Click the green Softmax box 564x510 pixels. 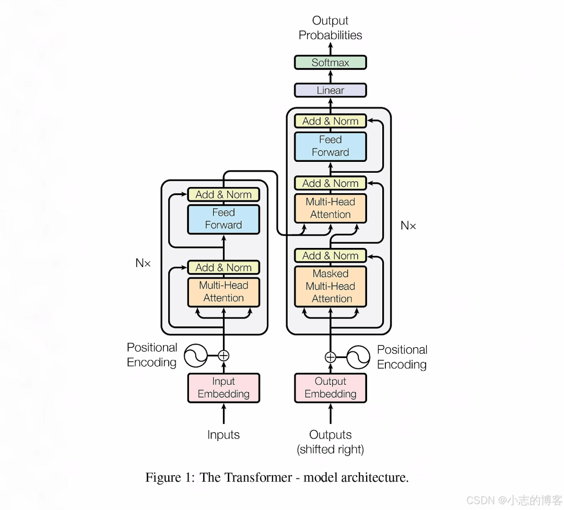(330, 63)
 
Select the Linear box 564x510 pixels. (330, 90)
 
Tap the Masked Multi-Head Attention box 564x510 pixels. (330, 286)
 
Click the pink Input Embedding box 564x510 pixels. (224, 388)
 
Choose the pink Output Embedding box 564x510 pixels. (330, 388)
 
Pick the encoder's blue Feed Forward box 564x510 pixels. (224, 219)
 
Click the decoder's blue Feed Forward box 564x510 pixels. (330, 146)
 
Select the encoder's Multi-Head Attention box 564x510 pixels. (224, 292)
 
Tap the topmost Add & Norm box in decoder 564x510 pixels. (330, 121)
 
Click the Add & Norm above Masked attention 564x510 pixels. (330, 256)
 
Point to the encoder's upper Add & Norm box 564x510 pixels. (224, 195)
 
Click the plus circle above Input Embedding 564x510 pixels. (224, 356)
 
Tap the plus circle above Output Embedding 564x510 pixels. (330, 357)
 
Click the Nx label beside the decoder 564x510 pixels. (408, 226)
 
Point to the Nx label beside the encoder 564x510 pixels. (143, 263)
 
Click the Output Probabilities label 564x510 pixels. (330, 28)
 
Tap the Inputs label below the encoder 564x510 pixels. (224, 435)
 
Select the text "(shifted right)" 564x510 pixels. (330, 449)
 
